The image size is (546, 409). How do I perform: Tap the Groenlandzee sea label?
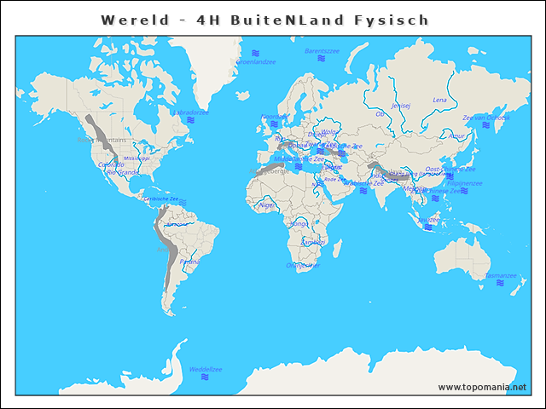[255, 62]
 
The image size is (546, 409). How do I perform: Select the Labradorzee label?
[191, 112]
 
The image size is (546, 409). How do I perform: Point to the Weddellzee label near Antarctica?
[205, 369]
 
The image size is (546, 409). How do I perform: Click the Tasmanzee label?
[501, 275]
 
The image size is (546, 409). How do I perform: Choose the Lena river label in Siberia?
[439, 100]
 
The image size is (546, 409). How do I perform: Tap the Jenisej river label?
[400, 106]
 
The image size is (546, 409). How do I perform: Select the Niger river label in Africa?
[268, 204]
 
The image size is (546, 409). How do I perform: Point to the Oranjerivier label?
[304, 265]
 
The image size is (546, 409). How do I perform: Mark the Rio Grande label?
[122, 172]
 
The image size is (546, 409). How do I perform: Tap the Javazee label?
[429, 219]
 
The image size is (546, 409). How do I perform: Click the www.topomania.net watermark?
[482, 387]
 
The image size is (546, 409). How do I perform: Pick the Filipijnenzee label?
[466, 182]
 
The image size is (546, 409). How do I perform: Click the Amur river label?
[457, 135]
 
